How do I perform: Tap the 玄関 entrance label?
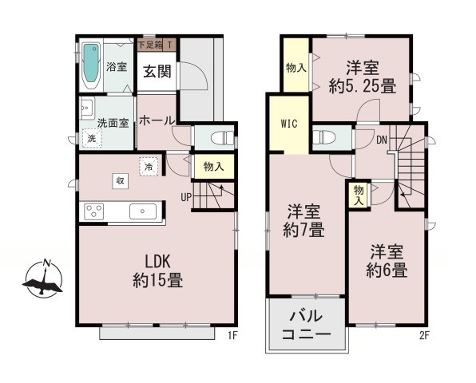click(157, 72)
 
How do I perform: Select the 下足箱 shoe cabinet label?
click(150, 45)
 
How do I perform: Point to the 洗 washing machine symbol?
click(91, 138)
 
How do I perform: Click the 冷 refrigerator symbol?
click(149, 167)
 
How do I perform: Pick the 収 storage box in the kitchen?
click(121, 181)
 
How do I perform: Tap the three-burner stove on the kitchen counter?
click(94, 211)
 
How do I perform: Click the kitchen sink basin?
click(143, 211)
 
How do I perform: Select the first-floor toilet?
click(222, 138)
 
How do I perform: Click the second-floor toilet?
click(324, 137)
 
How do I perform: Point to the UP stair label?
click(186, 197)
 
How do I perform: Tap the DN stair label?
click(382, 140)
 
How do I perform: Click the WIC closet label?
click(288, 124)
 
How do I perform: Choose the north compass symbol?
click(43, 278)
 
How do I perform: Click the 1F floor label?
click(233, 335)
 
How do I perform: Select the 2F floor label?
click(424, 335)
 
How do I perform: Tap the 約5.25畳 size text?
click(363, 86)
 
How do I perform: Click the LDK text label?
click(157, 262)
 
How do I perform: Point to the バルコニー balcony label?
click(306, 325)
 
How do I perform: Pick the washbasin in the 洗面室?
click(87, 108)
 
